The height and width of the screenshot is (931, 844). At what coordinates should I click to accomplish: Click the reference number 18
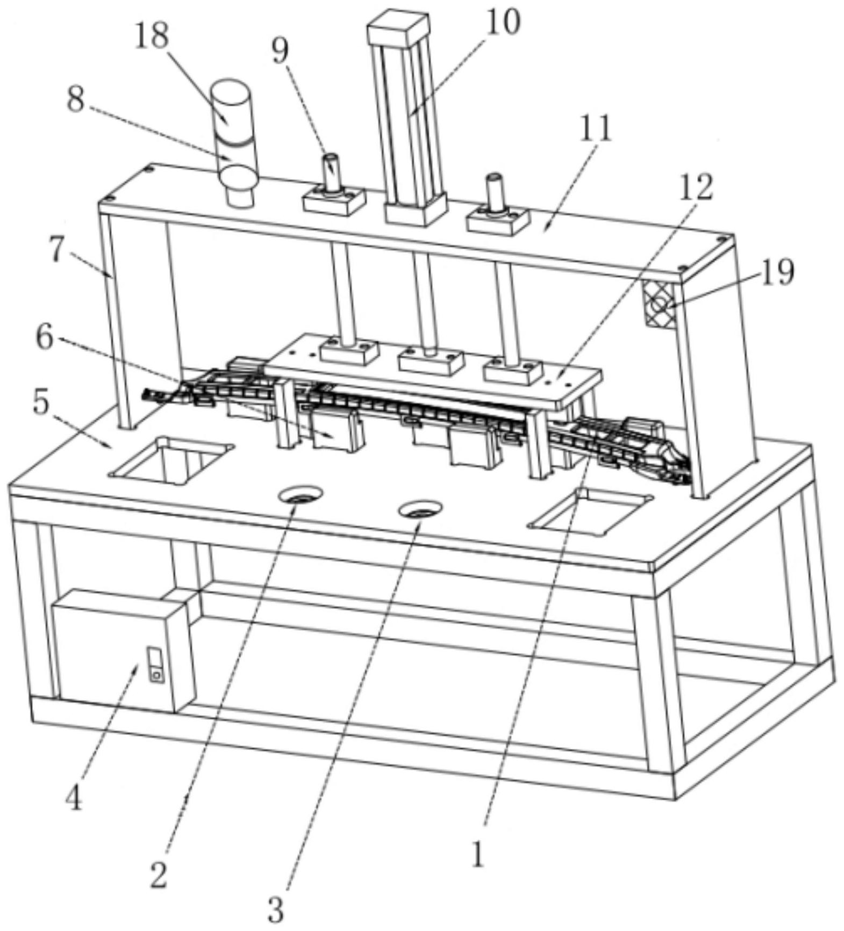click(x=151, y=37)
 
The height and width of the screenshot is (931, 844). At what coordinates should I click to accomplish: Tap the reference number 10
click(x=503, y=22)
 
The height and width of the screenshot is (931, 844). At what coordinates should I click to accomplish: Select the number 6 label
click(x=45, y=337)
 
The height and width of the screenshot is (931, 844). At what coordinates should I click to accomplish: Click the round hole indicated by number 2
click(x=300, y=495)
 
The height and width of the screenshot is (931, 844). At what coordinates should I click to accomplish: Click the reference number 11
click(x=597, y=129)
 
